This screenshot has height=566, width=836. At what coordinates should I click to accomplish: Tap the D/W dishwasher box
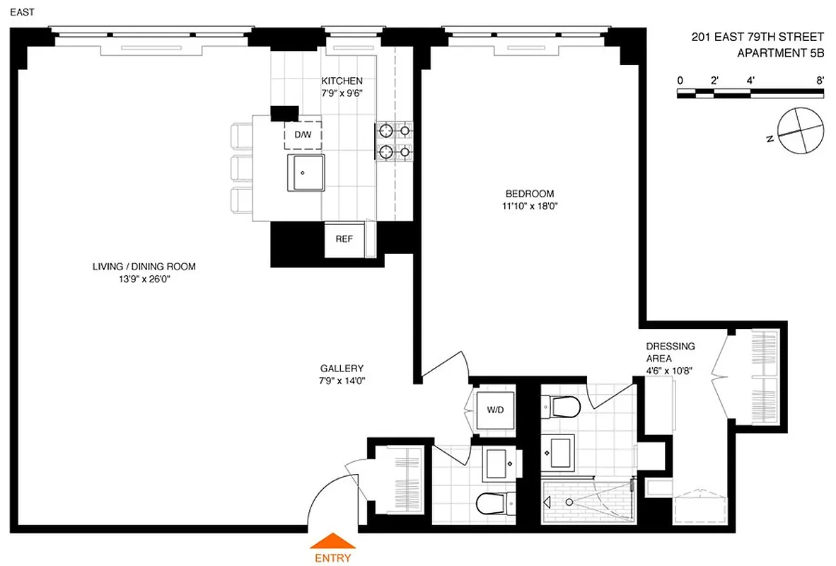(303, 134)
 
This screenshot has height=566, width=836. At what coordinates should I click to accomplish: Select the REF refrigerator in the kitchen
(344, 239)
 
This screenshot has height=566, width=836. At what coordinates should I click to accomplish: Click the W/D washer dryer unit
(495, 410)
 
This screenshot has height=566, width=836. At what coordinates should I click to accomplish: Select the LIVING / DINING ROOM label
(144, 267)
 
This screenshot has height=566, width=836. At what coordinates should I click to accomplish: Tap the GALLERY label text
(342, 369)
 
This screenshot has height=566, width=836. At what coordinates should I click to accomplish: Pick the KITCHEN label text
(342, 81)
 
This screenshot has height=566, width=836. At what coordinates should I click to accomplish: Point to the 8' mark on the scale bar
(820, 81)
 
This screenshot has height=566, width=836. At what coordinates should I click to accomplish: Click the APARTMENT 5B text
(780, 52)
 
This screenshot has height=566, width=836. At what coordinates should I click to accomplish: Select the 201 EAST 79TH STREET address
(757, 37)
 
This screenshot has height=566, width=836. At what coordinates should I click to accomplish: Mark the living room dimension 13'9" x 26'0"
(144, 279)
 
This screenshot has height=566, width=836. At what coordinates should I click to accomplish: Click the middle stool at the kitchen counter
(242, 167)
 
